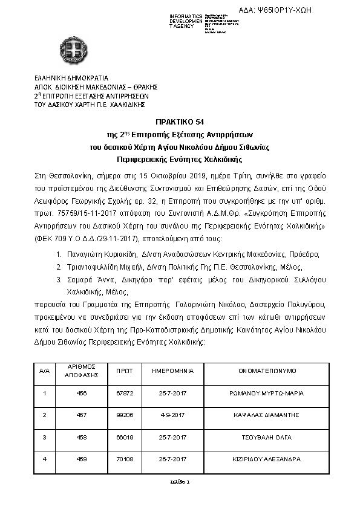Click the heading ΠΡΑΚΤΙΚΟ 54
click(180, 122)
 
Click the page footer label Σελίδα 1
click(180, 482)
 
